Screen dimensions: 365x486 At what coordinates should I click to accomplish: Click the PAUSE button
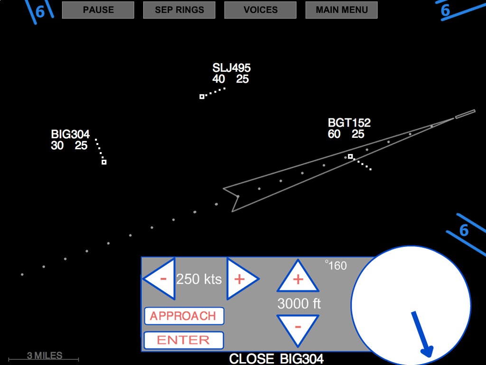click(98, 10)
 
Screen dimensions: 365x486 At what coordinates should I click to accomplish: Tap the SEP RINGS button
click(179, 10)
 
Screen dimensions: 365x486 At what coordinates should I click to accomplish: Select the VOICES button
click(261, 10)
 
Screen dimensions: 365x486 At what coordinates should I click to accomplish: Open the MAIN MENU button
click(342, 10)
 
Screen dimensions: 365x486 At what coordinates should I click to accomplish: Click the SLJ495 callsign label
click(232, 68)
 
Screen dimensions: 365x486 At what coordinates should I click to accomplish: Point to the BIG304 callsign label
click(70, 134)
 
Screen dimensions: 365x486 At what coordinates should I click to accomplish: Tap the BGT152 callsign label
click(349, 123)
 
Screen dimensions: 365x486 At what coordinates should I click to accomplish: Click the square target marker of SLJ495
click(202, 96)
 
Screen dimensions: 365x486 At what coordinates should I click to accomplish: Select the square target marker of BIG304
click(104, 162)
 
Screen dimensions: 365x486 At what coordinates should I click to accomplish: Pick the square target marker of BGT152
click(350, 156)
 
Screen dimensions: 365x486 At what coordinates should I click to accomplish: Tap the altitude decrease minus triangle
click(298, 327)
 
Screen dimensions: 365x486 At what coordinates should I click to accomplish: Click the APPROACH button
click(184, 316)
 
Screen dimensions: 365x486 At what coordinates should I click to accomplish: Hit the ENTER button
click(184, 340)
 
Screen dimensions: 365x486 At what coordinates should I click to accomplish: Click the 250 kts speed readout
click(199, 279)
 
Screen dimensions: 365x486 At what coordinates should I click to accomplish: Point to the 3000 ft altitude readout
click(299, 303)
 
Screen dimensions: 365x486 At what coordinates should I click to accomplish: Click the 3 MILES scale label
click(45, 355)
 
